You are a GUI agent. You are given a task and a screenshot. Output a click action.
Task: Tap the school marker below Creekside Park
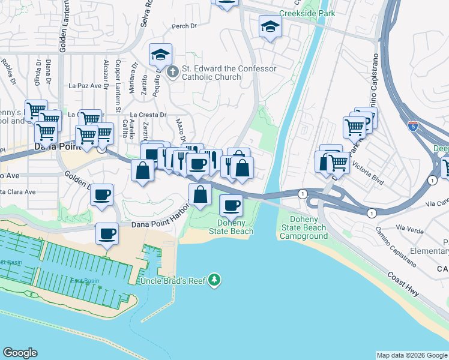point(270,27)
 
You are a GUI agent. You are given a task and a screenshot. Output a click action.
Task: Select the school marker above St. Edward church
point(160,55)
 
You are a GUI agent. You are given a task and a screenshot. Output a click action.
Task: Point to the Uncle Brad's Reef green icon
point(214,280)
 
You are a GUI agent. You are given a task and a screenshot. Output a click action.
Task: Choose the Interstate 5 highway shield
point(412,126)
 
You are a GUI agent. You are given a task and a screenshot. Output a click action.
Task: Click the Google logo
point(20,352)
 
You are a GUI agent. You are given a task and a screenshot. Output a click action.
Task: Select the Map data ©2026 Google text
point(411,355)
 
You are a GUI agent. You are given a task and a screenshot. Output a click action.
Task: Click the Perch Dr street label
point(184,26)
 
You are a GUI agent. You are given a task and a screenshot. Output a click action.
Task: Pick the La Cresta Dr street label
point(148,115)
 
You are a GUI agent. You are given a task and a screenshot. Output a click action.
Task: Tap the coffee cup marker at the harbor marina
point(107,233)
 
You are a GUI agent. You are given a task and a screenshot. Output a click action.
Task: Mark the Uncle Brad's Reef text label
point(172,281)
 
